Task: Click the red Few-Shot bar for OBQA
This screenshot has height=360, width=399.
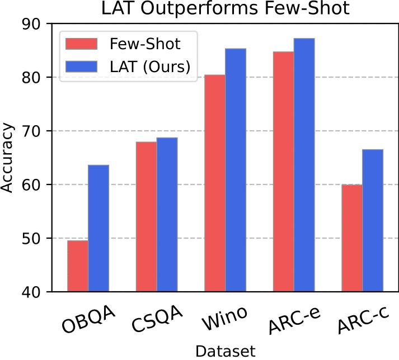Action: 78,266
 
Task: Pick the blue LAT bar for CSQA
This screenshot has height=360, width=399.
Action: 167,215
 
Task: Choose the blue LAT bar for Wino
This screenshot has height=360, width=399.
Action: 236,170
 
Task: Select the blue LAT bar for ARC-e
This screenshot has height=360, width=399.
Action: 304,165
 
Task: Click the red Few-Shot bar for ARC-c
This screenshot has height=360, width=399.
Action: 352,238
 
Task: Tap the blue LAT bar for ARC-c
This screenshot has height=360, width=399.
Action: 373,220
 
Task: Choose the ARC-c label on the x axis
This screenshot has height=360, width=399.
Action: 362,323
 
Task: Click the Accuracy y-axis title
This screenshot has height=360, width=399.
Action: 8,158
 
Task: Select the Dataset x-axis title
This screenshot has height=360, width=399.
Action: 225,351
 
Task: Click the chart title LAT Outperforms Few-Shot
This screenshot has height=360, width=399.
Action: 225,9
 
